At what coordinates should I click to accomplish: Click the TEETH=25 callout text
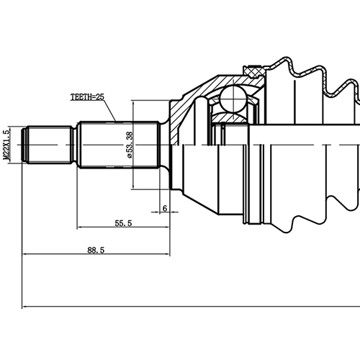click(87, 97)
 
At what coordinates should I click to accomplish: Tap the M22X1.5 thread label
click(6, 145)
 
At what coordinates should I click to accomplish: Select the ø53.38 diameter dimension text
click(130, 145)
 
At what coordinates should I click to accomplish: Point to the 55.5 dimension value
click(123, 223)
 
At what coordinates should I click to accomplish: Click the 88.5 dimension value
click(96, 251)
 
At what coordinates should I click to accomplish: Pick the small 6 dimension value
click(165, 208)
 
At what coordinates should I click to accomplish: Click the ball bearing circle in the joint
click(233, 99)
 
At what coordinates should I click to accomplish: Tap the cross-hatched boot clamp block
click(254, 71)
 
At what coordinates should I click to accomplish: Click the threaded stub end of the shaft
click(49, 145)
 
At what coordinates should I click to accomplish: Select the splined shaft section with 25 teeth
click(119, 145)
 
